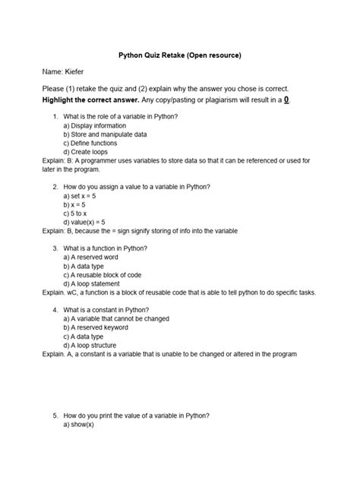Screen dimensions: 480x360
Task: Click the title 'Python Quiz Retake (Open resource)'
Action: tap(180, 55)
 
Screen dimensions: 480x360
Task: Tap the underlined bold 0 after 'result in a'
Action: tap(285, 99)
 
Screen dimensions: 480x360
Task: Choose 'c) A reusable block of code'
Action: tap(105, 275)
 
